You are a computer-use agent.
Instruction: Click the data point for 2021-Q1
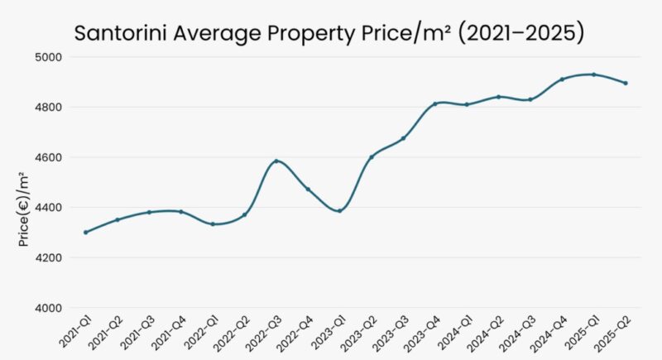point(85,233)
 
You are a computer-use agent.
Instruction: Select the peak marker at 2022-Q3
point(276,161)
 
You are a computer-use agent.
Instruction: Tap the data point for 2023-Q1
point(339,211)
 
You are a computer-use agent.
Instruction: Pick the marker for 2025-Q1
point(593,74)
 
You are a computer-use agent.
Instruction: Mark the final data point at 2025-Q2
point(626,83)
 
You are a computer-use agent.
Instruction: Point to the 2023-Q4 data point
point(434,104)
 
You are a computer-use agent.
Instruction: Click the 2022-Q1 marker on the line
point(213,224)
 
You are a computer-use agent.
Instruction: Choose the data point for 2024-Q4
point(562,79)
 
